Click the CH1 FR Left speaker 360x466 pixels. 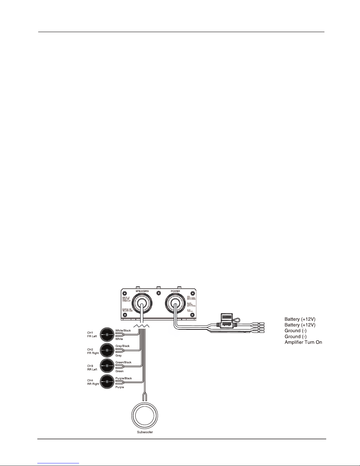coord(107,335)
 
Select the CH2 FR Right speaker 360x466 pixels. coord(107,350)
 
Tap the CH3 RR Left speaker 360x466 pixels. coord(107,366)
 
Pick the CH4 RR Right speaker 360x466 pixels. coord(107,382)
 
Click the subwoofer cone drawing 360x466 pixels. coord(144,416)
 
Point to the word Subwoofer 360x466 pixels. coord(145,432)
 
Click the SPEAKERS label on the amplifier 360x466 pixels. coord(142,291)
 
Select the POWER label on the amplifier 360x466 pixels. coord(175,291)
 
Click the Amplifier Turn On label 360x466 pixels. coord(303,342)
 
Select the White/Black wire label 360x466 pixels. coord(123,330)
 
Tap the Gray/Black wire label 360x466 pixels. coord(123,346)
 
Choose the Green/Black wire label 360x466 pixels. coord(123,362)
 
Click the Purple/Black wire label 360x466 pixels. coord(124,378)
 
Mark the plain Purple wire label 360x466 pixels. coord(120,387)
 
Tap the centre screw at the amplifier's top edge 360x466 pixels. coord(159,293)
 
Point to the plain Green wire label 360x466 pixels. coord(119,371)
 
